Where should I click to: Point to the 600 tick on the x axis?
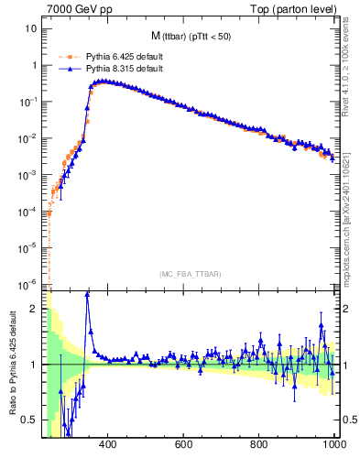pos(182,444)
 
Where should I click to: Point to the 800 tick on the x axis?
pos(259,444)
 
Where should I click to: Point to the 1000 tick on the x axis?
pos(333,444)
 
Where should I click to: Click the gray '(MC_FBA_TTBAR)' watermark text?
pos(191,273)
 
